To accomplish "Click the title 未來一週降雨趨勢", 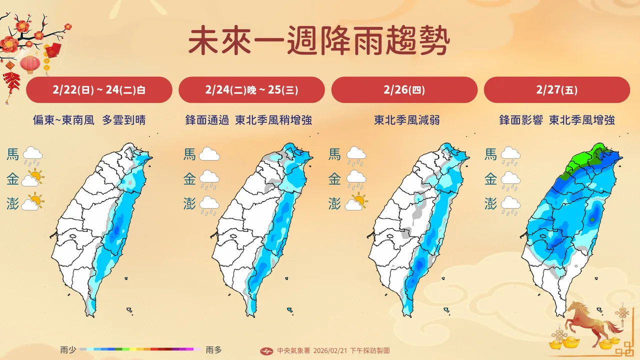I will pyautogui.click(x=319, y=41).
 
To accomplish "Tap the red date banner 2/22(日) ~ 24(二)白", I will pyautogui.click(x=99, y=90).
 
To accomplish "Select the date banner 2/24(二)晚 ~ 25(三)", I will pyautogui.click(x=251, y=90).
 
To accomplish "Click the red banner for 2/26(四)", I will pyautogui.click(x=404, y=90).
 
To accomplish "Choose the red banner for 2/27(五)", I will pyautogui.click(x=556, y=90).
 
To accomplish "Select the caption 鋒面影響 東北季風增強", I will pyautogui.click(x=556, y=120).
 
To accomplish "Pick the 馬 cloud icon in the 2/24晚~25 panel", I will pyautogui.click(x=209, y=154).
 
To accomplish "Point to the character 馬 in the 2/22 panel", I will pyautogui.click(x=13, y=154).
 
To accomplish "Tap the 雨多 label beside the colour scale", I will pyautogui.click(x=213, y=349).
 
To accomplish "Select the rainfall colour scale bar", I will pyautogui.click(x=140, y=349).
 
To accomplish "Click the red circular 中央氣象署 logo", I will pyautogui.click(x=267, y=350).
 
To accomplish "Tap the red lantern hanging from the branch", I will pyautogui.click(x=30, y=64).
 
